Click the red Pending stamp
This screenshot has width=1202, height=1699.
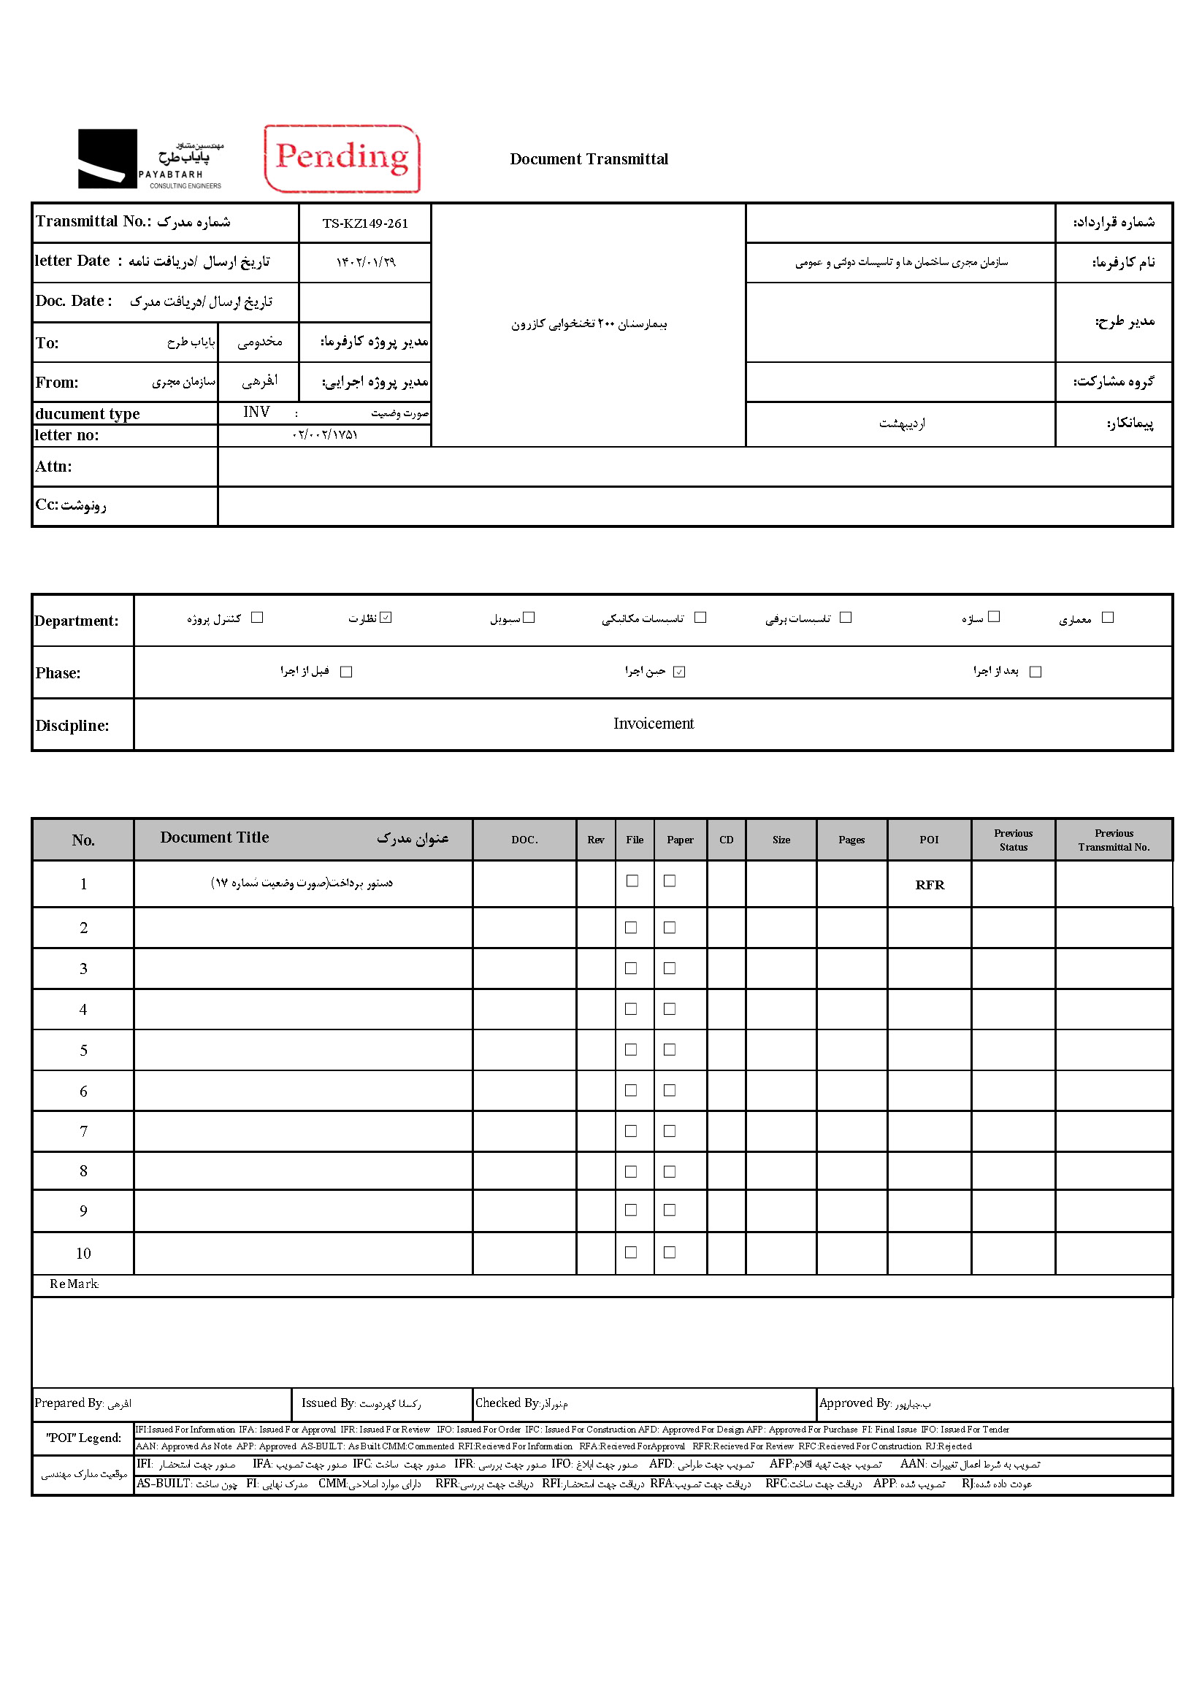coord(342,158)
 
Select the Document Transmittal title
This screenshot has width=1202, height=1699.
coord(589,159)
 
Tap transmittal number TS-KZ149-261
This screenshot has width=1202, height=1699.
coord(365,223)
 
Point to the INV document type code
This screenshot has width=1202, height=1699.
coord(256,413)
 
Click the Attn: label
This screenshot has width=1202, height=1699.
coord(54,467)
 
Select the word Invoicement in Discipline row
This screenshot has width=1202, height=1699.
coord(653,724)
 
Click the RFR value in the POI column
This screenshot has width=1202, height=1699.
coord(929,885)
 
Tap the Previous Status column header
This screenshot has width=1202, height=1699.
coord(1013,840)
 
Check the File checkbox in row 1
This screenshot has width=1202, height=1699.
coord(632,881)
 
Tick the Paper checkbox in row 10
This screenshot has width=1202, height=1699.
coord(669,1252)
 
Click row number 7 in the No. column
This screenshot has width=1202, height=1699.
coord(84,1132)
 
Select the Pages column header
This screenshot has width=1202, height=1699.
coord(851,840)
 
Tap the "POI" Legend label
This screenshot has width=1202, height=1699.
coord(84,1438)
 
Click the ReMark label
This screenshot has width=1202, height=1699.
coord(74,1284)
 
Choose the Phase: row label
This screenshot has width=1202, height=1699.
coord(58,672)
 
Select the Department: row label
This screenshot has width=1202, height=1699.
coord(76,621)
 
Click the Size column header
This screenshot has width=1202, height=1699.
coord(781,840)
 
